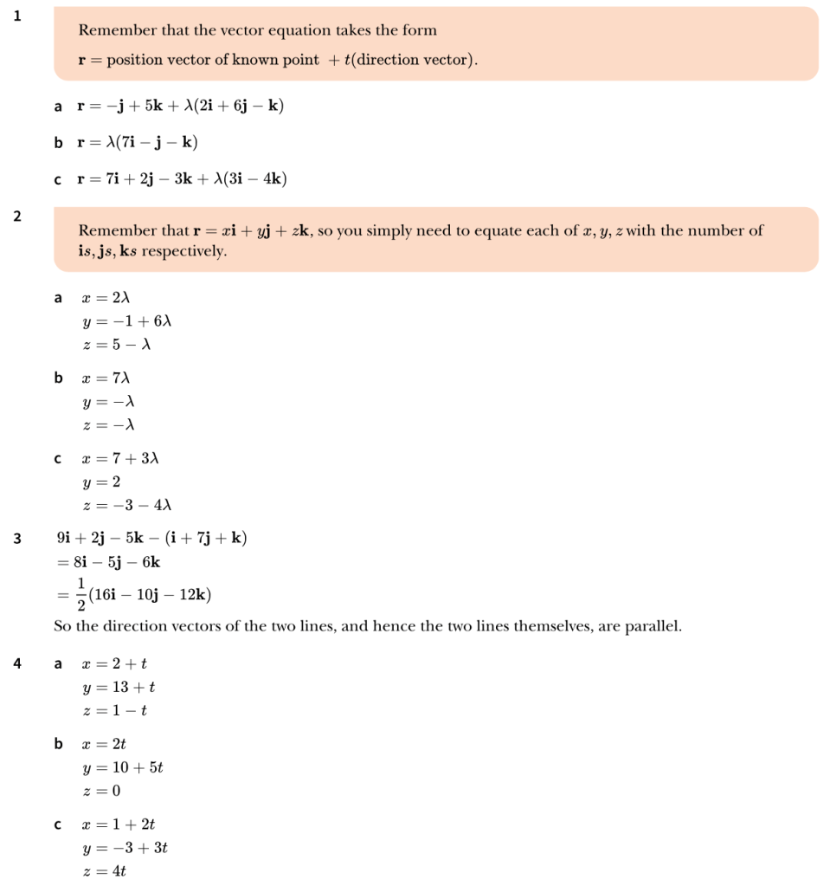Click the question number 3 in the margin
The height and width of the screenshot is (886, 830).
coord(17,539)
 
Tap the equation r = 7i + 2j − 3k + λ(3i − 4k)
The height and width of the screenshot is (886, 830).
coord(182,179)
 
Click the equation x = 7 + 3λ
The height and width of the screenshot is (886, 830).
coord(120,458)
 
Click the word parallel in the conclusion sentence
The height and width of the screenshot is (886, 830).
coord(652,626)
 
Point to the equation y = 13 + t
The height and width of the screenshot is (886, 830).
coord(119,688)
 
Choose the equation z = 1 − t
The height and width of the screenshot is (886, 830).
coord(115,711)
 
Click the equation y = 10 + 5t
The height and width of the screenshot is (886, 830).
coord(123,767)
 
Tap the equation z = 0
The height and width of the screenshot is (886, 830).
coord(102,791)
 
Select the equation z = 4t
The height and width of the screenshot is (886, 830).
coord(105,871)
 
